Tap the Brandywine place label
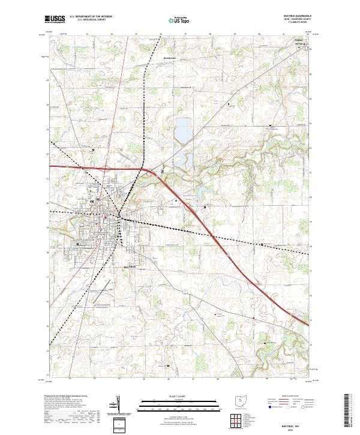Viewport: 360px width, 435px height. [172, 58]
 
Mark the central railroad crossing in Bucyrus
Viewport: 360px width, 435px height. [119, 215]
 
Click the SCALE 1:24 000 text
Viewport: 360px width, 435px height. [179, 397]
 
